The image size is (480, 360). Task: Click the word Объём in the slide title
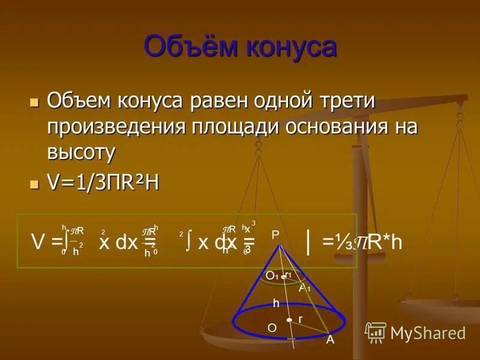pyautogui.click(x=189, y=47)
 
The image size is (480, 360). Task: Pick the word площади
pyautogui.click(x=236, y=127)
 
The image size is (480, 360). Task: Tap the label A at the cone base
pyautogui.click(x=329, y=340)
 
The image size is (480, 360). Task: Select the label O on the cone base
pyautogui.click(x=272, y=328)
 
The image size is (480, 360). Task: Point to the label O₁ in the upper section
pyautogui.click(x=272, y=275)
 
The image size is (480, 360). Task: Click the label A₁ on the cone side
pyautogui.click(x=305, y=287)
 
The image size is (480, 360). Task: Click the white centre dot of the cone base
pyautogui.click(x=289, y=320)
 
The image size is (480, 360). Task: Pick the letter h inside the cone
pyautogui.click(x=276, y=304)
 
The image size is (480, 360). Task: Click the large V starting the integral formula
pyautogui.click(x=38, y=243)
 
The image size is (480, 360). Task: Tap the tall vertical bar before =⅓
pyautogui.click(x=308, y=242)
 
